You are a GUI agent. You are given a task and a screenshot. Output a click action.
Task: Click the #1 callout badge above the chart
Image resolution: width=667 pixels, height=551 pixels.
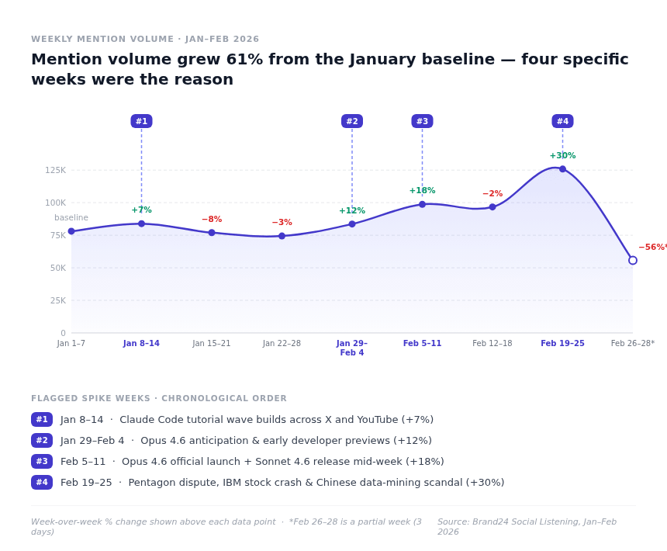point(141,121)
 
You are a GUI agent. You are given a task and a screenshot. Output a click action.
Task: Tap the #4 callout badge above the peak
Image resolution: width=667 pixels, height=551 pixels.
point(562,121)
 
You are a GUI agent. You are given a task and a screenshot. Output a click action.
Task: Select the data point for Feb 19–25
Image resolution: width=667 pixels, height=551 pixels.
point(562,168)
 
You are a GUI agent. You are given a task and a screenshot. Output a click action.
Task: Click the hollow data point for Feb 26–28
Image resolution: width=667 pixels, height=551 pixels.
point(632,261)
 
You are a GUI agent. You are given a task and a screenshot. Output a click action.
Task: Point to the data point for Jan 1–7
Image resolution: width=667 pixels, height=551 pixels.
point(71,231)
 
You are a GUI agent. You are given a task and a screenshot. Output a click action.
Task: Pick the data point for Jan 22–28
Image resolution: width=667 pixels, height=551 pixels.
point(282,236)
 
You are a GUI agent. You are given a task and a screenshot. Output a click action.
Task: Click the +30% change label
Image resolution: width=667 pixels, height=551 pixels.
point(562,156)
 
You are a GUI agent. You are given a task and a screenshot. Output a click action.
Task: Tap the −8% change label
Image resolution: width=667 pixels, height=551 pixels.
point(212,220)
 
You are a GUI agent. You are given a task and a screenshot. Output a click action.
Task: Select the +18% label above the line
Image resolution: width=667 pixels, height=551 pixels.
point(422,191)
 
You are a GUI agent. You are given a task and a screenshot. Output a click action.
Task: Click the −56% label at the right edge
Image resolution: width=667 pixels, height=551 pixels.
point(651,248)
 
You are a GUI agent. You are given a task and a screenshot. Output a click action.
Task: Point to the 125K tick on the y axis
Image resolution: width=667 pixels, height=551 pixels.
point(55,170)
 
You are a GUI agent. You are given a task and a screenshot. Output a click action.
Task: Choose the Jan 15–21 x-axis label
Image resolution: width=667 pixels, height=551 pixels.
point(212,344)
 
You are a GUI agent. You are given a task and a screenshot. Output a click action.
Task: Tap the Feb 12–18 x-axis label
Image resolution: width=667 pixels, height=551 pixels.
point(492,344)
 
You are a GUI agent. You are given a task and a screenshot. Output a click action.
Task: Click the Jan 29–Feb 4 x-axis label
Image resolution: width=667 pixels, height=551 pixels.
point(352,348)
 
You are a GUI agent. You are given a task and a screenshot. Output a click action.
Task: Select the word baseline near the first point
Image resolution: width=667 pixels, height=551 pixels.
point(71,218)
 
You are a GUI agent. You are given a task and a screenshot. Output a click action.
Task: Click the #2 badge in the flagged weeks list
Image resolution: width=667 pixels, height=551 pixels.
point(42,441)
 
